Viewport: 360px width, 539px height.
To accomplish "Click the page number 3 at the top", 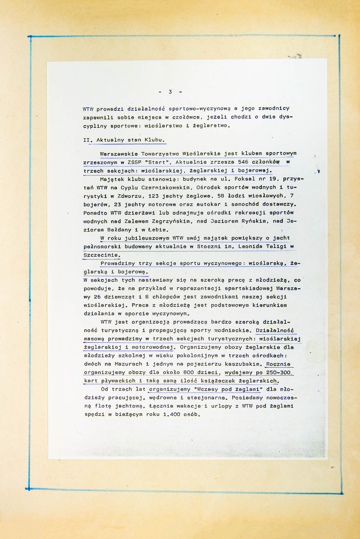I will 170,92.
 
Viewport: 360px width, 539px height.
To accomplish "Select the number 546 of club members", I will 243,162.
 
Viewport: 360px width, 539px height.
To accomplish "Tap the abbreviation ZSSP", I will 134,162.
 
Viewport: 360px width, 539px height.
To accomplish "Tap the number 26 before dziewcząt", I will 97,297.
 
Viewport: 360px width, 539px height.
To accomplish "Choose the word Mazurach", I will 128,364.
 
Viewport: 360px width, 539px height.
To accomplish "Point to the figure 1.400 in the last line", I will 172,415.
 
